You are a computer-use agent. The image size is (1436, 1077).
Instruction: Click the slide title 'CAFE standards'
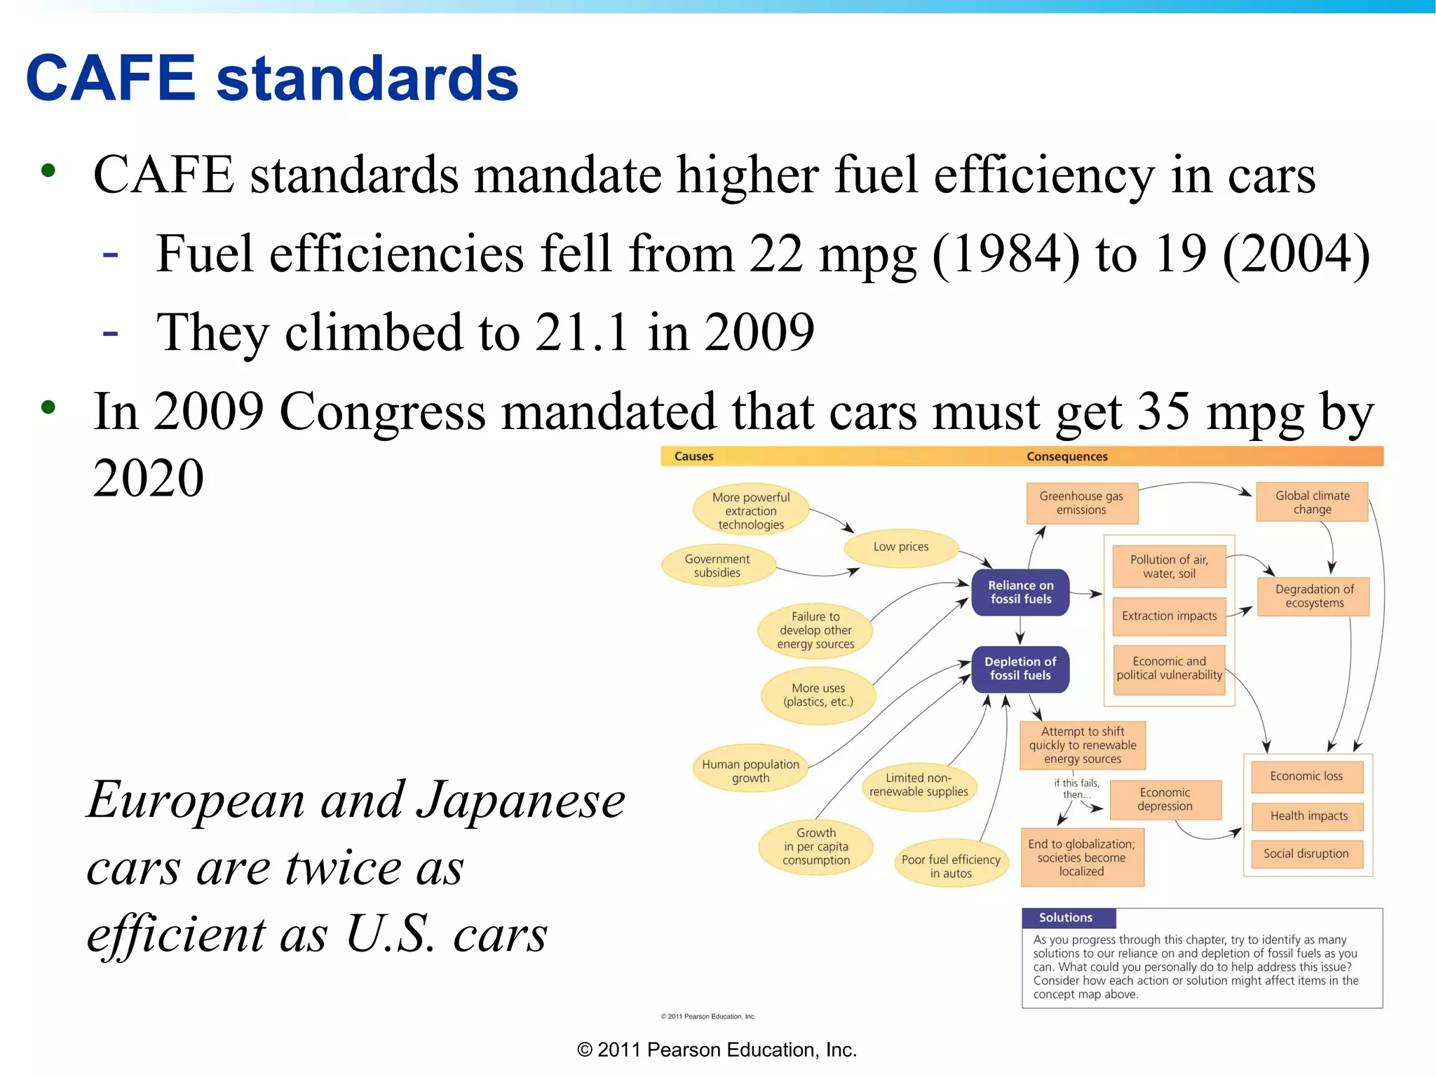(272, 78)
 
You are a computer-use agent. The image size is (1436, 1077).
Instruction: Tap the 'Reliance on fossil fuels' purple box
(1020, 592)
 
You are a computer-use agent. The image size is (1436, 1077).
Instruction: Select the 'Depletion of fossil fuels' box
(1020, 669)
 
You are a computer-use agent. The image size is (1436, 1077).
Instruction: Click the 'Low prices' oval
(901, 547)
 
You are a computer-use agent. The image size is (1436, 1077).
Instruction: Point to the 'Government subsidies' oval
(717, 566)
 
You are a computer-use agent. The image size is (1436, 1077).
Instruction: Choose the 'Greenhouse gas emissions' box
(1081, 503)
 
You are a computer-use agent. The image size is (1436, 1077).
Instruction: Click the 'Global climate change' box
(1312, 502)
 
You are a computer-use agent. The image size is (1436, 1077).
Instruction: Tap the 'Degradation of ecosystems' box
(1314, 596)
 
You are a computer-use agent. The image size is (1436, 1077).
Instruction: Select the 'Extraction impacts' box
(1169, 616)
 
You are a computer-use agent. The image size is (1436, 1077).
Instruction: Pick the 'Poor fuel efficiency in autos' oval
(951, 866)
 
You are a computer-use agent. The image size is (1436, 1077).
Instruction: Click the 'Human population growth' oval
(750, 771)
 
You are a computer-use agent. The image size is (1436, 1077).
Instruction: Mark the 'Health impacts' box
(1308, 815)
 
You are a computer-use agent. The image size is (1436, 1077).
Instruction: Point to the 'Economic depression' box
(1165, 799)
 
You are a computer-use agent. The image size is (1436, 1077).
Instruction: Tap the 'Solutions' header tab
(1066, 917)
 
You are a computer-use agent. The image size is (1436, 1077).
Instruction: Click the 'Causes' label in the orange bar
(693, 456)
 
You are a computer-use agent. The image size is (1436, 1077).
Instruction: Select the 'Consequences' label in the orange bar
(1067, 456)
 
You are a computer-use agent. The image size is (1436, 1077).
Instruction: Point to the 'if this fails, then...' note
(1076, 789)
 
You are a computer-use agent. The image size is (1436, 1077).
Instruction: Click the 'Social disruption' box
(1306, 853)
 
